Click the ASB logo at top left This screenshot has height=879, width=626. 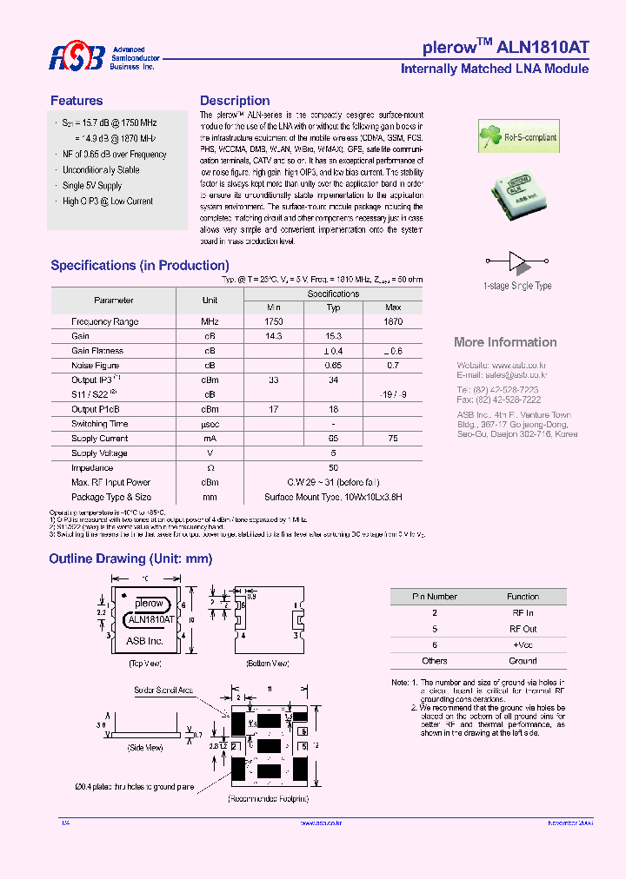[x=77, y=57]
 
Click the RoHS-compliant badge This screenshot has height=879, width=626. [x=519, y=137]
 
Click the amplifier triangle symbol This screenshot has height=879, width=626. [x=517, y=260]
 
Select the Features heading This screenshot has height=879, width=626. [x=77, y=101]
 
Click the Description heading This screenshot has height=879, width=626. [x=235, y=101]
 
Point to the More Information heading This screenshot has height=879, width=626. [x=505, y=342]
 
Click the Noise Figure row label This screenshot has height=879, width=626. [x=96, y=366]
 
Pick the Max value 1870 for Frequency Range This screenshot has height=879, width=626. [x=393, y=321]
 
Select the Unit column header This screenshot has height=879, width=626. [x=210, y=301]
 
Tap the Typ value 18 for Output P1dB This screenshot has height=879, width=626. [x=333, y=409]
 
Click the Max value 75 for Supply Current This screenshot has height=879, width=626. [x=393, y=439]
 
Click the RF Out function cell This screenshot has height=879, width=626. [x=523, y=629]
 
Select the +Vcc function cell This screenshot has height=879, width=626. [x=523, y=644]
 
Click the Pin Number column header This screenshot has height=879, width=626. [x=434, y=597]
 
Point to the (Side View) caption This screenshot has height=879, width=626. [x=145, y=747]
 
